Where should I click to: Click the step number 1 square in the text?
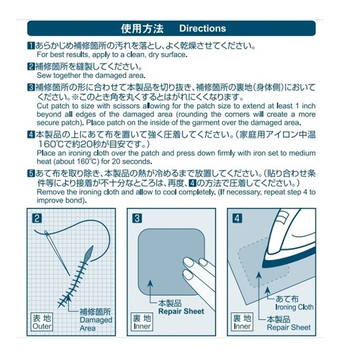pyautogui.click(x=31, y=46)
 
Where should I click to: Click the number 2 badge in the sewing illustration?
pyautogui.click(x=37, y=218)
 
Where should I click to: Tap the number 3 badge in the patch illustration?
pyautogui.click(x=137, y=218)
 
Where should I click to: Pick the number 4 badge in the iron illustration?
pyautogui.click(x=237, y=218)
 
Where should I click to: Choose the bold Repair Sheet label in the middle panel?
pyautogui.click(x=181, y=311)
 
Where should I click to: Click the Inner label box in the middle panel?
pyautogui.click(x=141, y=322)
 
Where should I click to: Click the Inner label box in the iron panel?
pyautogui.click(x=242, y=322)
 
